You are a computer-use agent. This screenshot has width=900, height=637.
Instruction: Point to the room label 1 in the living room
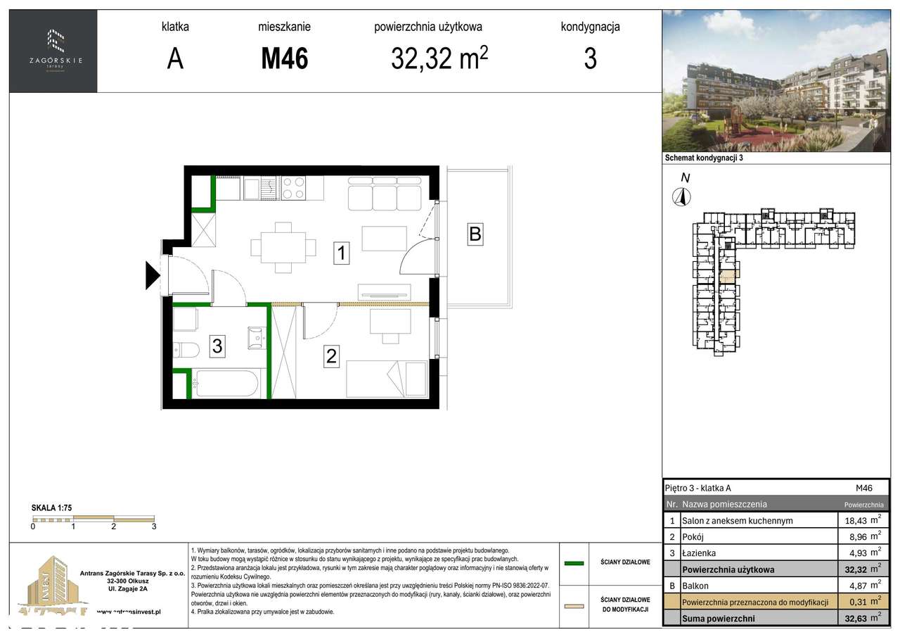pos(341,253)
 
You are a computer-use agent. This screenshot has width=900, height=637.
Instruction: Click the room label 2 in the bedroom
pos(330,356)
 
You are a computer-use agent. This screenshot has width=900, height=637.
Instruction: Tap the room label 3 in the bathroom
pos(217,346)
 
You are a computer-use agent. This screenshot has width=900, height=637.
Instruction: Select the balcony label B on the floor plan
pos(475,234)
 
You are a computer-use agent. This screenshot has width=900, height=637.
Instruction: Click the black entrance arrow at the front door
pos(153,275)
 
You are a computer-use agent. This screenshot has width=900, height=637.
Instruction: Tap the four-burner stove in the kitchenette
pos(293,188)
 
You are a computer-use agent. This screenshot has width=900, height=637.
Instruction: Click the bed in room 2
pos(386,379)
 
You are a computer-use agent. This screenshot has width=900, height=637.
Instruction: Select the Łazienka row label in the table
pos(700,553)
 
